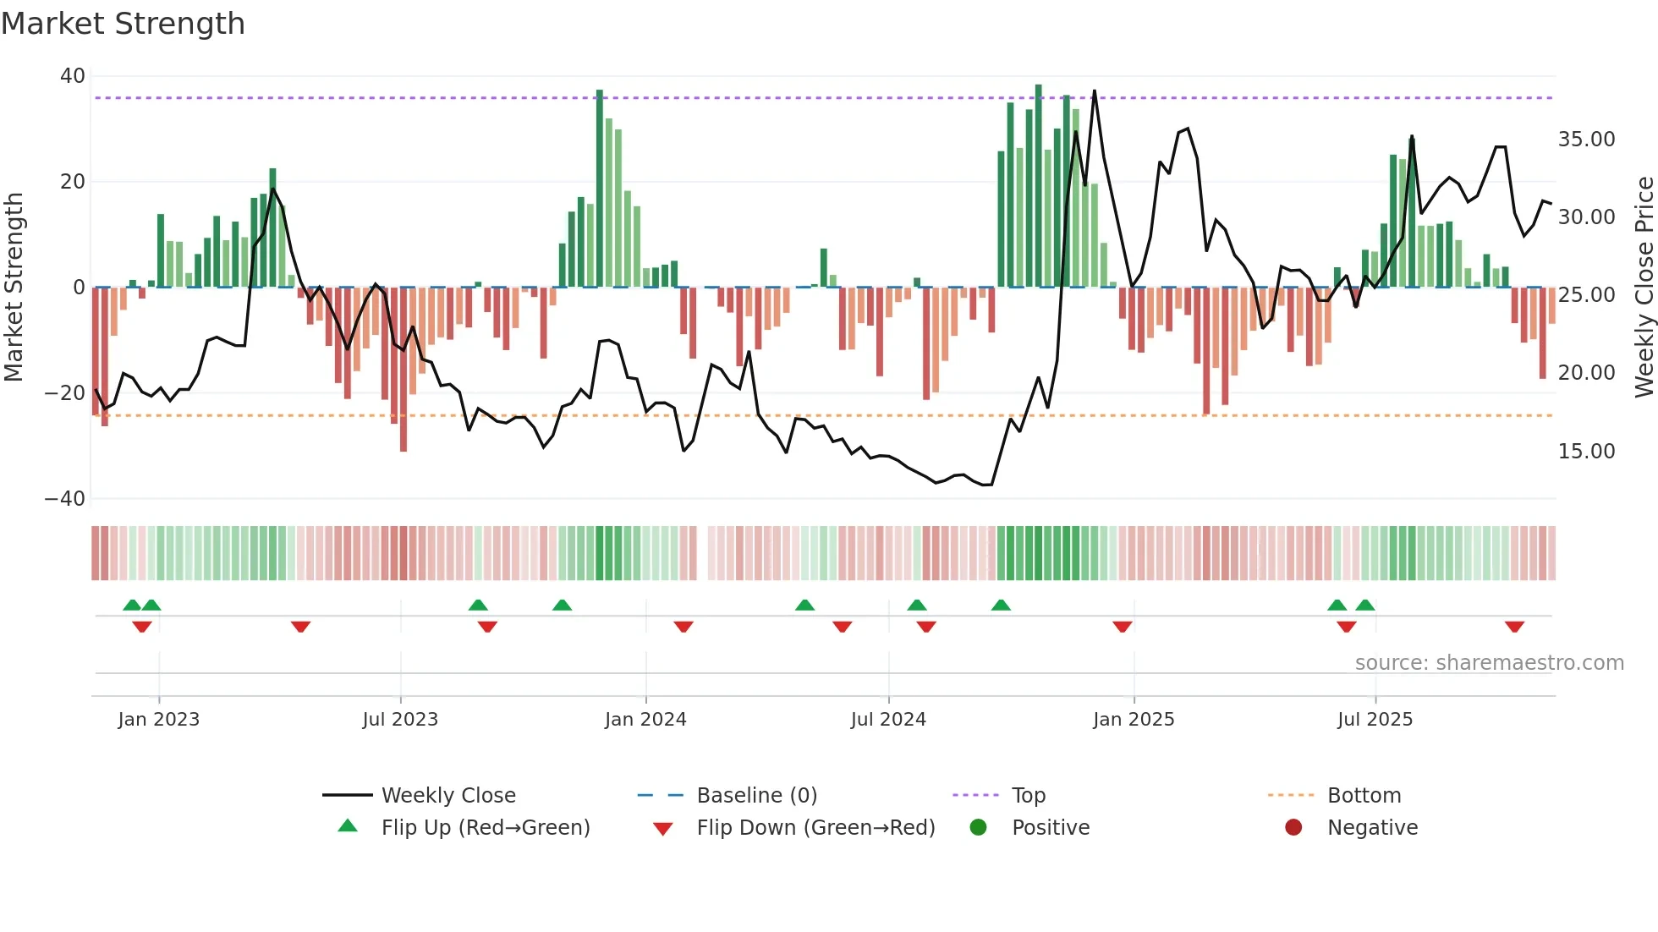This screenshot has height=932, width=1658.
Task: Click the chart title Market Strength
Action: pyautogui.click(x=123, y=24)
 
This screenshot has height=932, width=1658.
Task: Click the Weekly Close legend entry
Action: pyautogui.click(x=447, y=795)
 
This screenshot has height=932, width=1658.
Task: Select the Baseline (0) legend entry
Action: pyautogui.click(x=756, y=795)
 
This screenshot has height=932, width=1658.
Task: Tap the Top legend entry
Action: pyautogui.click(x=1028, y=795)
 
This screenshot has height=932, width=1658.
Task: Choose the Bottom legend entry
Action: pyautogui.click(x=1364, y=795)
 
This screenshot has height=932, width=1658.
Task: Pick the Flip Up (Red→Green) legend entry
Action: pyautogui.click(x=485, y=827)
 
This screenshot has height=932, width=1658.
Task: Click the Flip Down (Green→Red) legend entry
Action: pyautogui.click(x=815, y=827)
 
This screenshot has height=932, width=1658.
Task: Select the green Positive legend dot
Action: pyautogui.click(x=979, y=827)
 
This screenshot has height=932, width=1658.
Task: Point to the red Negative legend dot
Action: pyautogui.click(x=1293, y=827)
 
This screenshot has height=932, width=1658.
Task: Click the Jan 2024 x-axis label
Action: pyautogui.click(x=645, y=720)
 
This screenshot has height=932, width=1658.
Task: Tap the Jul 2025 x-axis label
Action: pyautogui.click(x=1375, y=720)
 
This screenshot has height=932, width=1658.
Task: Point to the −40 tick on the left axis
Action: pyautogui.click(x=65, y=499)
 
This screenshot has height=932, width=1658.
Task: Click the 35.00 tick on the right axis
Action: pyautogui.click(x=1586, y=140)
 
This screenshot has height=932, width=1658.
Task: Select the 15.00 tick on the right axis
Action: pyautogui.click(x=1586, y=452)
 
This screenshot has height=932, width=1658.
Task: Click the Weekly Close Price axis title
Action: pyautogui.click(x=1644, y=287)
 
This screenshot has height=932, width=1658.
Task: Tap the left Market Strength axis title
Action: pyautogui.click(x=14, y=287)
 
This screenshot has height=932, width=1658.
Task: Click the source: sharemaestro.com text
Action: pyautogui.click(x=1489, y=663)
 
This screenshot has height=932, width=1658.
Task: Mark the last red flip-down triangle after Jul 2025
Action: pyautogui.click(x=1514, y=627)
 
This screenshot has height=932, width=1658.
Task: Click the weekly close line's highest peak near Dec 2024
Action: pyautogui.click(x=1094, y=91)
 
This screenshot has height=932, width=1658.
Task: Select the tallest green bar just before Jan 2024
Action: pyautogui.click(x=599, y=188)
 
